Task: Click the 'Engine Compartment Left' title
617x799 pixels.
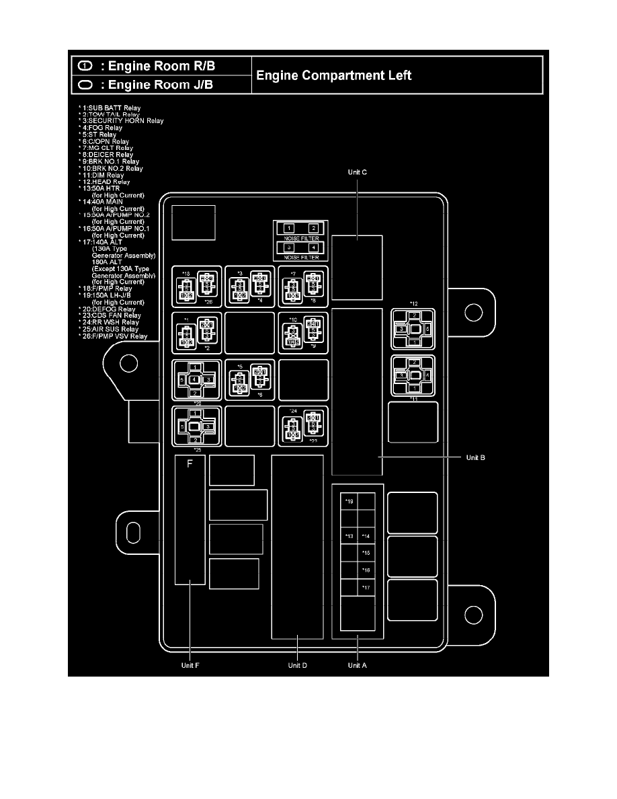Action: pos(333,75)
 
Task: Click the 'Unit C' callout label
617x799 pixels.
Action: pos(357,173)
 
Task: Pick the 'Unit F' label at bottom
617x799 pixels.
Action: pos(190,665)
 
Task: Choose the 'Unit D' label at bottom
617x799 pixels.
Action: pos(297,665)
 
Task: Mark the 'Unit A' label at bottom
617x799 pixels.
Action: pos(358,665)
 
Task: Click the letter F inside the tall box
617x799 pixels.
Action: pos(190,463)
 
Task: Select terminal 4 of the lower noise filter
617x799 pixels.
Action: pos(313,248)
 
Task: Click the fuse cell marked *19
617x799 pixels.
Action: pos(349,502)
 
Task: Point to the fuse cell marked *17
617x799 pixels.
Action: pos(366,588)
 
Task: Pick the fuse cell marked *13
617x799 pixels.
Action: pos(349,536)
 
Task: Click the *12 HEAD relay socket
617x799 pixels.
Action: pos(414,329)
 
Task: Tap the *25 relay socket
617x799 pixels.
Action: pos(195,426)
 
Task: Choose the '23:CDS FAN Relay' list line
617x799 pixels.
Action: pos(112,315)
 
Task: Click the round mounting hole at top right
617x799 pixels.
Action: pos(474,311)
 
